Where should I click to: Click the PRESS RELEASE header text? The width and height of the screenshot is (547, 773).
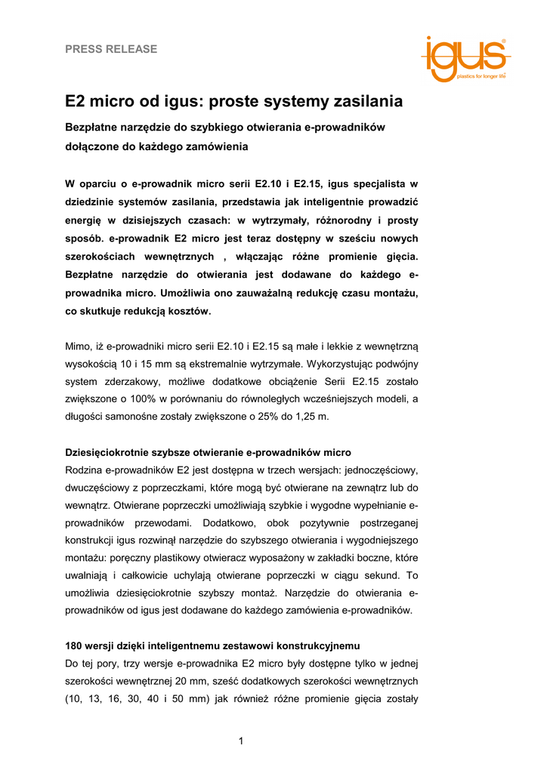click(x=111, y=49)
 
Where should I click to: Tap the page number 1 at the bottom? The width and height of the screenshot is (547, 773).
click(x=240, y=740)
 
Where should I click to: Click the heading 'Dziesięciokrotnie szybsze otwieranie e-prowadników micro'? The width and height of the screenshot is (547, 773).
click(x=208, y=453)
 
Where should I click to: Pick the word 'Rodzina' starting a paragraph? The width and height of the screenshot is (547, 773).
click(x=84, y=470)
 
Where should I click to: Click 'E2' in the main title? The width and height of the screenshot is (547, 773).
click(x=77, y=101)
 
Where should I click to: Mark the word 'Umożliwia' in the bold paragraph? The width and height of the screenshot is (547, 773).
click(x=189, y=292)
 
